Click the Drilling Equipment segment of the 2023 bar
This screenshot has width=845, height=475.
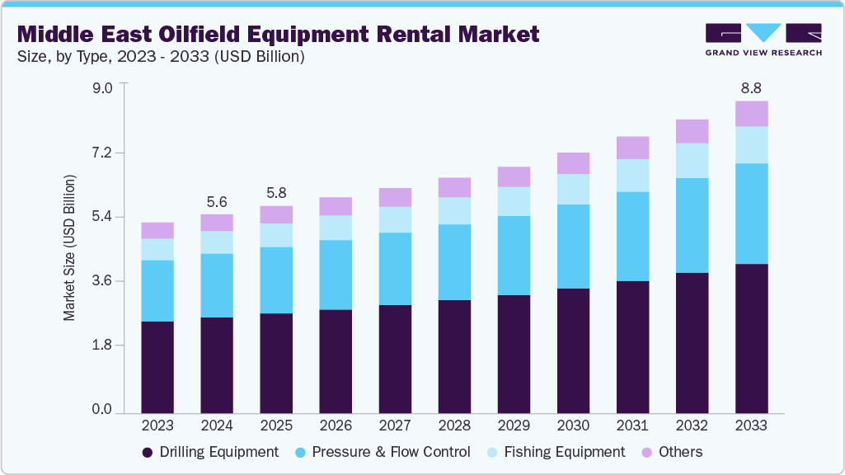pos(157,367)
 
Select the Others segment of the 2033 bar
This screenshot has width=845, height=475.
pos(751,114)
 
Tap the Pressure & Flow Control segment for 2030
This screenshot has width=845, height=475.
pos(573,247)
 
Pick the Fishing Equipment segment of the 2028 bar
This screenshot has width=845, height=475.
pos(454,211)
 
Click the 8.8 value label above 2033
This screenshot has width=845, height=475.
pos(751,87)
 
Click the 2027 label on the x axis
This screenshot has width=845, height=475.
pos(395,426)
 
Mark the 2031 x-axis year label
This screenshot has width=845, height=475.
pos(632,426)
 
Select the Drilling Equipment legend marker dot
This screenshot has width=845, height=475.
pos(148,452)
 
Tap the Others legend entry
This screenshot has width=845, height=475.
pos(671,452)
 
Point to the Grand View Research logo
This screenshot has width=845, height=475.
pos(763,39)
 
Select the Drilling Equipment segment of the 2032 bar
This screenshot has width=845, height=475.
pos(692,342)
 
